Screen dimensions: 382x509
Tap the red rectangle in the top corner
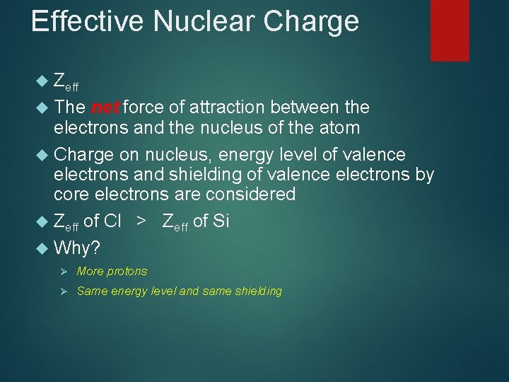[x=450, y=30]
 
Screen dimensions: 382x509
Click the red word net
[x=105, y=108]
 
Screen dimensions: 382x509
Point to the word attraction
[x=230, y=108]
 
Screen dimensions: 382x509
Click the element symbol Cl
[x=112, y=221]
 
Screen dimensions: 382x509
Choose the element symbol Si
[x=221, y=221]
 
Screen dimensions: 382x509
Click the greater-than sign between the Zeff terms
[x=142, y=221]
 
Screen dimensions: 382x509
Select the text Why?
[x=77, y=248]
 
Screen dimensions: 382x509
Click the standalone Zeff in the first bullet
[x=66, y=81]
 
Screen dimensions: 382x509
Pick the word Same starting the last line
[x=91, y=291]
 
